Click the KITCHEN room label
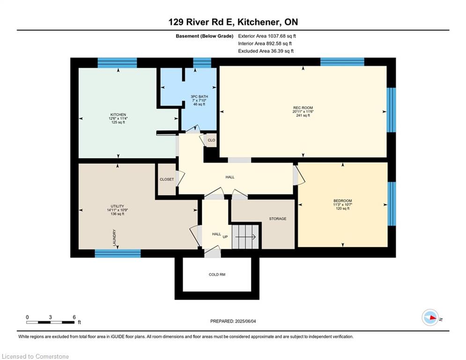point(118,115)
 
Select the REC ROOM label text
point(303,108)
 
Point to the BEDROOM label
point(343,201)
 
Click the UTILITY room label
point(118,206)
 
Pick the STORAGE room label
point(277,218)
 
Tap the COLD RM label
point(217,274)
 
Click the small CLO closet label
point(211,140)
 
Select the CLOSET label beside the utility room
point(167,179)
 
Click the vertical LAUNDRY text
point(114,238)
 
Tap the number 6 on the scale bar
point(74,317)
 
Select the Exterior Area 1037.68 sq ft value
point(267,36)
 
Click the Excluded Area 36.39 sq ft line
point(266,51)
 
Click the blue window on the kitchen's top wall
point(117,63)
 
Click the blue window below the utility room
point(118,254)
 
